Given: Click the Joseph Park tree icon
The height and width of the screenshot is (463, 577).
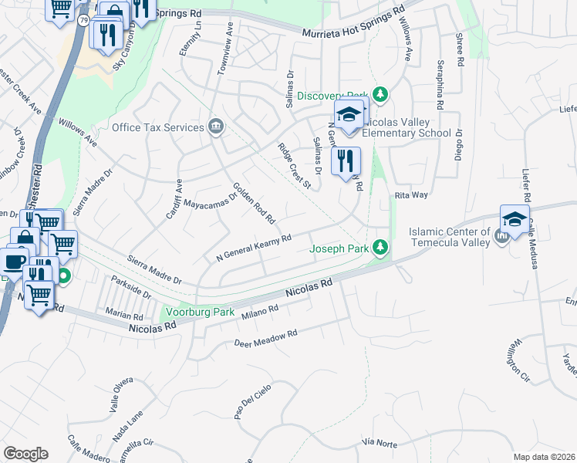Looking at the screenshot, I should (380, 248).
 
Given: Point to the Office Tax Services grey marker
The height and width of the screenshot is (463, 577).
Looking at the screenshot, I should (216, 127).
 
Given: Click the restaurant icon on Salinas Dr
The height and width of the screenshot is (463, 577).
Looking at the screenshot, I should (345, 161).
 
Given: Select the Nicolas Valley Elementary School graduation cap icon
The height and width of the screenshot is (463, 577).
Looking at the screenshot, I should (349, 115).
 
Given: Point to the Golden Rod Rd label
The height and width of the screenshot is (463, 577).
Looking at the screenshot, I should (255, 203).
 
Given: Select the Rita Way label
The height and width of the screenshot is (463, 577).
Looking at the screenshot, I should (411, 195).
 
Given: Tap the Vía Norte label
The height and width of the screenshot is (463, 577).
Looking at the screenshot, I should (379, 443).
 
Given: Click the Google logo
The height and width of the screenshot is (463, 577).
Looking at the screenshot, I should (25, 453).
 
